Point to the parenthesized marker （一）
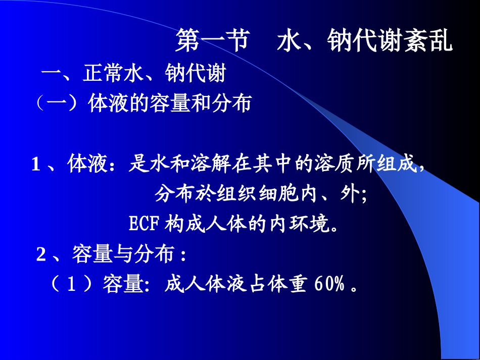point(58,104)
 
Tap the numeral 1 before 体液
point(36,165)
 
